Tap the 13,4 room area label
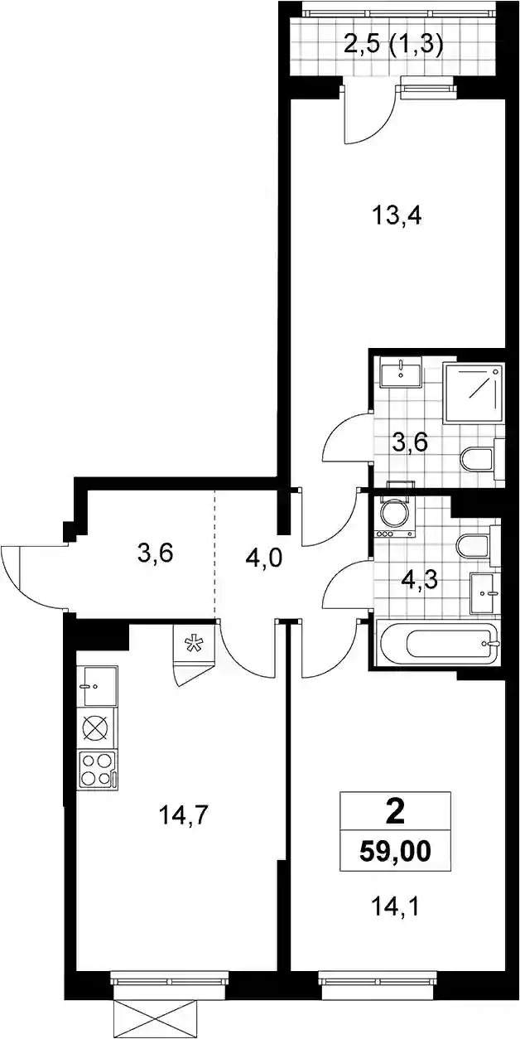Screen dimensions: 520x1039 [x=397, y=215]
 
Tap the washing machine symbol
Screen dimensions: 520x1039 [x=393, y=517]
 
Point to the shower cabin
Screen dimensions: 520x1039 [x=473, y=393]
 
